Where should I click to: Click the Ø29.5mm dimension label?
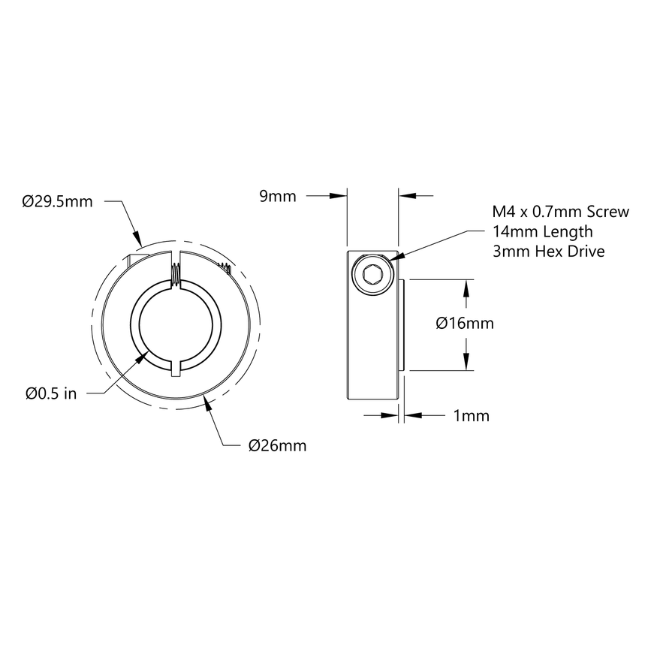[x=57, y=201]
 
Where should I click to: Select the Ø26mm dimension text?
[x=277, y=446]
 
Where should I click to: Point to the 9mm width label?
[x=277, y=197]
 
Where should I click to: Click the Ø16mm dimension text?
[x=465, y=324]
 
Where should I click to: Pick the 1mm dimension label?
[x=472, y=415]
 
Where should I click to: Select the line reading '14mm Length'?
[x=542, y=232]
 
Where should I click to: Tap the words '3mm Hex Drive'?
[x=548, y=252]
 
